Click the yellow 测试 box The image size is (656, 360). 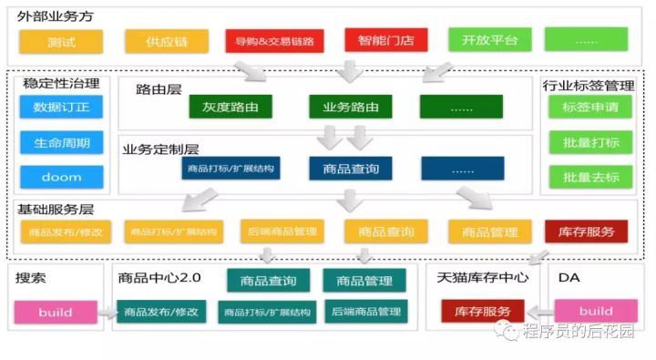coord(61,41)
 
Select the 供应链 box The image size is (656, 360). coord(166,41)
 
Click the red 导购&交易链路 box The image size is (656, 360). coord(274,41)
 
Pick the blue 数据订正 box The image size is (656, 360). coord(61,108)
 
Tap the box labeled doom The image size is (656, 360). coord(61,176)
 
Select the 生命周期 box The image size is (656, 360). coord(61,142)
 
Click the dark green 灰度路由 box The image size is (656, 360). coord(231,108)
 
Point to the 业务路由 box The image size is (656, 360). coord(351,108)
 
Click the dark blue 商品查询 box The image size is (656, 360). coord(351,169)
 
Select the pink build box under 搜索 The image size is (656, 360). coord(56,313)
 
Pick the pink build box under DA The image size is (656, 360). coord(596,311)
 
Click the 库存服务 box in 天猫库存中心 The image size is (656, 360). coord(483,312)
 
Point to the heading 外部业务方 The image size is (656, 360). coord(54,16)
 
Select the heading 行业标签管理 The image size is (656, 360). coord(588,85)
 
